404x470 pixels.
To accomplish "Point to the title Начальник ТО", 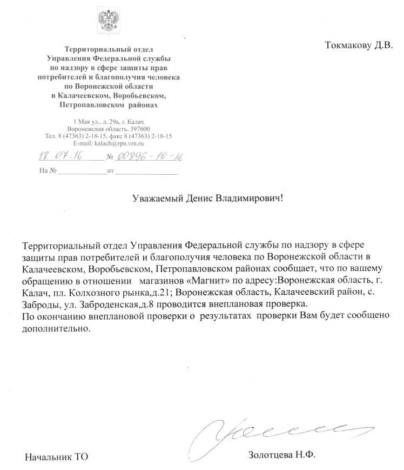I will pos(56,457).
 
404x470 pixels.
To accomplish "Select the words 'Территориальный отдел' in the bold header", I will pos(109,50).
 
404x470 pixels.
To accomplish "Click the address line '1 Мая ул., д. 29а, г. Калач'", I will pos(109,122).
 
